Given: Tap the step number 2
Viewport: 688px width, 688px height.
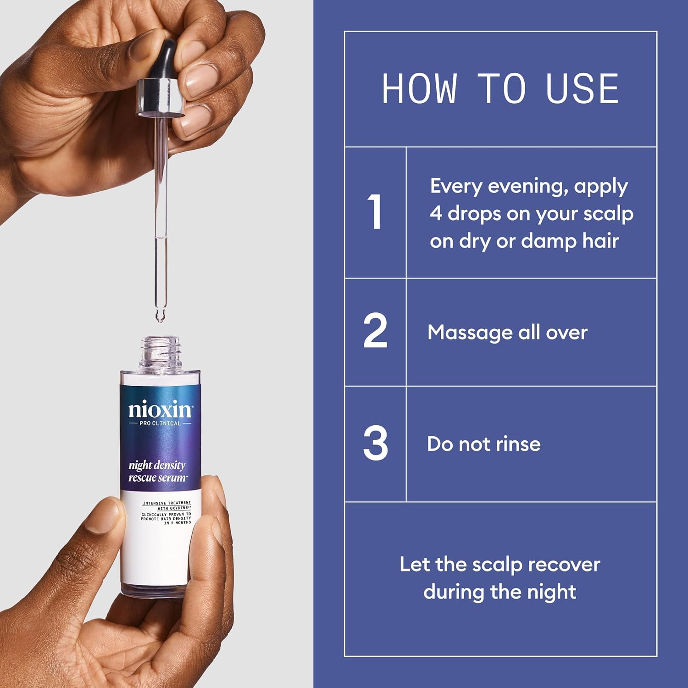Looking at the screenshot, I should point(375,331).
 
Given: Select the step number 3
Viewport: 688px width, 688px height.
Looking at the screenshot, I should point(375,444).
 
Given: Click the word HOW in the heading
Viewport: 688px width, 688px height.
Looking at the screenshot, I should point(419,89).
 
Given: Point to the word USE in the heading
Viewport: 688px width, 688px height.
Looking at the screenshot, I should point(582,89).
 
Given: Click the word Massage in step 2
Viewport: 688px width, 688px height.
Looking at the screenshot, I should point(469,333).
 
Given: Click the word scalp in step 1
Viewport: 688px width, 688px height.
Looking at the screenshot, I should point(608,214).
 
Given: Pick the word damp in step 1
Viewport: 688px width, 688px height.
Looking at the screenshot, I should point(549,242).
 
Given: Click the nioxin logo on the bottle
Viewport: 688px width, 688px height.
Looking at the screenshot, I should point(160,409).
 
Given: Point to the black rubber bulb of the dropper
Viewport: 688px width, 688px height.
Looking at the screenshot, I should point(166,59).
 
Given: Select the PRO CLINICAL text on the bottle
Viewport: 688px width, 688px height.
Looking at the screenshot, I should point(160,423).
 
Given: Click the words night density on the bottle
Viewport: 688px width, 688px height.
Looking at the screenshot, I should point(157,466).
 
